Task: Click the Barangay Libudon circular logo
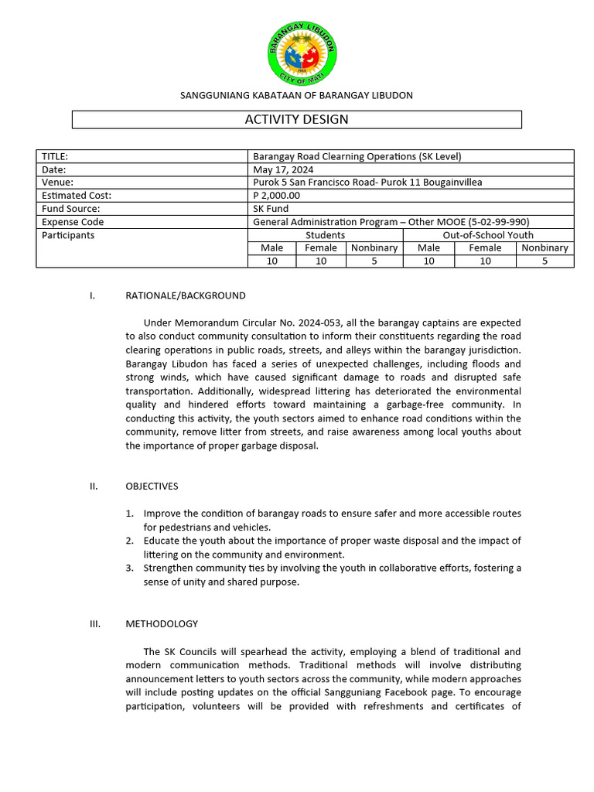pos(302,53)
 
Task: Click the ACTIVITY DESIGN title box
pos(297,119)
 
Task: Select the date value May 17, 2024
pos(283,169)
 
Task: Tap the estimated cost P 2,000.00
pos(276,196)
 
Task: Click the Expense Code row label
pos(73,222)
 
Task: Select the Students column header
pos(325,235)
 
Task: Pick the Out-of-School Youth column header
pos(487,235)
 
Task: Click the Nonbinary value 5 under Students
pos(374,261)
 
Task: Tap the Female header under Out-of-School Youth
pos(485,248)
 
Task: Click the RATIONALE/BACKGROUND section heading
pos(186,295)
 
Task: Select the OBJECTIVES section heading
pos(152,486)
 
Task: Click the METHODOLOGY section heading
pos(162,623)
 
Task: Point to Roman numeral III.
pos(95,623)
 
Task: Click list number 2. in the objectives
pos(130,541)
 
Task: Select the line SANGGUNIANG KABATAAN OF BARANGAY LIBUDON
pos(296,95)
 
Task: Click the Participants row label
pos(68,235)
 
